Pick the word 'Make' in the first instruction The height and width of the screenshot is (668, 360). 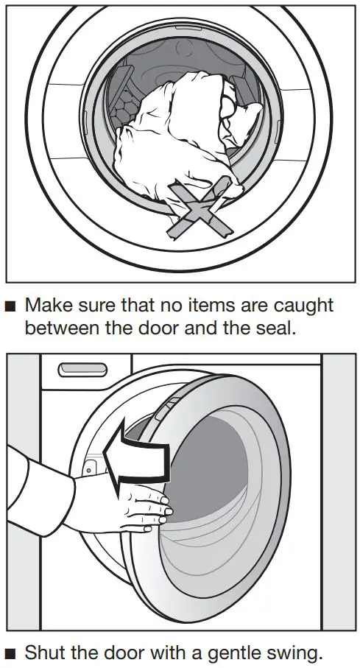(49, 305)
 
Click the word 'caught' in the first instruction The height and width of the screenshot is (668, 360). (300, 305)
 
